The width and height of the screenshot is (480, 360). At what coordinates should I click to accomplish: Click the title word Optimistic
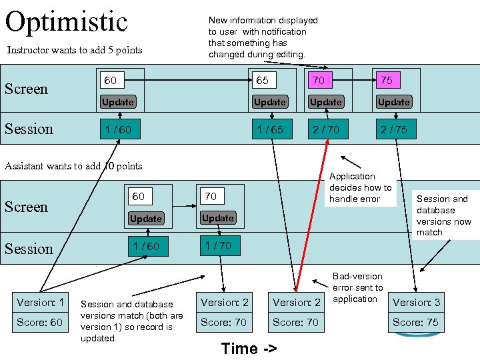coord(66,21)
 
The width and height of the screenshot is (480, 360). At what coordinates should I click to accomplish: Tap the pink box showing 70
coord(325,81)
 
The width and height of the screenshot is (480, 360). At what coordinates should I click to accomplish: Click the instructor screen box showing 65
coord(270,81)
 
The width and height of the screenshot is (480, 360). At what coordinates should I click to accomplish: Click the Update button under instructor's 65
coord(270,102)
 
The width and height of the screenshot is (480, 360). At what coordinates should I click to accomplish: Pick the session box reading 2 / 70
coord(325,129)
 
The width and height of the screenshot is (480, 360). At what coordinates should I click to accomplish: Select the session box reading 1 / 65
coord(270,129)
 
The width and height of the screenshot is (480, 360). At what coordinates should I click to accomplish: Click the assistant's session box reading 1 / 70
coord(218,245)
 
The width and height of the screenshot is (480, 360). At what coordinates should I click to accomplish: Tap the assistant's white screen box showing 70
coord(218,197)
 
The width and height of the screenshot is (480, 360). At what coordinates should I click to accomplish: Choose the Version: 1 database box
coord(40,303)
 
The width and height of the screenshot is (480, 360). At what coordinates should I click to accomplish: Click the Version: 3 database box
coord(416,303)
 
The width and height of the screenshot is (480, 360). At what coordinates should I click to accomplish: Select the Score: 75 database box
coord(416,322)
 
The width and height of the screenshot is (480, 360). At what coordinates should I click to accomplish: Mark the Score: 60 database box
coord(40,322)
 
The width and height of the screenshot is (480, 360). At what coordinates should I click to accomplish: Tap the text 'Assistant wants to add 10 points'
coord(73,166)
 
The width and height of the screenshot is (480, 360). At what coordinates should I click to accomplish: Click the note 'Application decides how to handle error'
coord(360,187)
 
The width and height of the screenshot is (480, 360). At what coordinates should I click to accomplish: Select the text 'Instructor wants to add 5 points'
coord(74,50)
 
